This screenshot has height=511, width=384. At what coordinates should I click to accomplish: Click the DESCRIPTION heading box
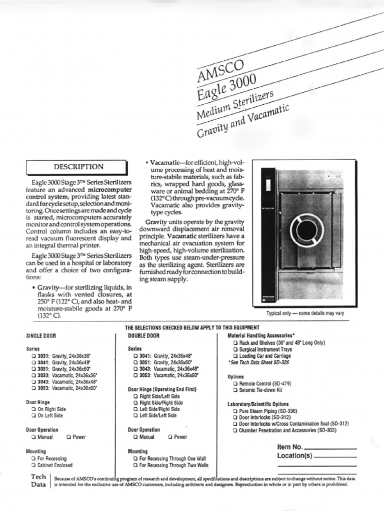point(79,167)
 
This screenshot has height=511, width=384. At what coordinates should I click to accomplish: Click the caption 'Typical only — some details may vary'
point(305,313)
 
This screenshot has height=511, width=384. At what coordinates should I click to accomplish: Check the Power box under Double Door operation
point(170,437)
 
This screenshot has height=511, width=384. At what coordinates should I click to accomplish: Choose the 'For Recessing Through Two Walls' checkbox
point(135,465)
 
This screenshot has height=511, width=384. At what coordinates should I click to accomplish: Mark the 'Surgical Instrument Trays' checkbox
point(235,349)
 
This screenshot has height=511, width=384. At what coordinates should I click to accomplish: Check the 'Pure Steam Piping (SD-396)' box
point(235,411)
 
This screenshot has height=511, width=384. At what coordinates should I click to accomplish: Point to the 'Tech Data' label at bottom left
point(38,481)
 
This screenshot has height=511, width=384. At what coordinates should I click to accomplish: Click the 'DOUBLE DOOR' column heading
point(143,336)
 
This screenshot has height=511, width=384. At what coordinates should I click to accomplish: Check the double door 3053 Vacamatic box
point(135,374)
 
